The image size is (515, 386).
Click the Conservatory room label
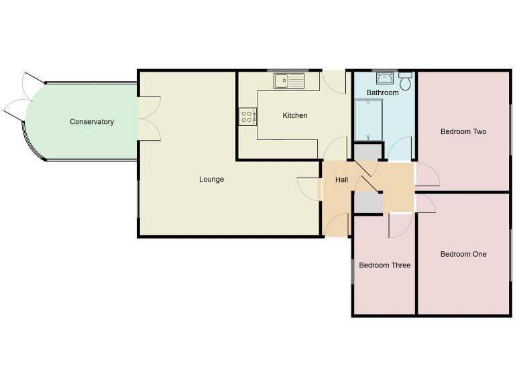92,122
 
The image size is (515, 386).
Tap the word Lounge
211,180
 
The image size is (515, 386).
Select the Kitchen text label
294,116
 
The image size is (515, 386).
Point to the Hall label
341,180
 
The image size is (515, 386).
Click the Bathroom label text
382,92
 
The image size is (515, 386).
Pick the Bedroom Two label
463,132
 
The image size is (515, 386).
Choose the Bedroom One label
463,254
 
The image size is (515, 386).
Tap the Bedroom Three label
384,265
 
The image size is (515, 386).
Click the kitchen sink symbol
288,81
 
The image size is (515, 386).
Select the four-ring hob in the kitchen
247,117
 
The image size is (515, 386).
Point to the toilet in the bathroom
405,82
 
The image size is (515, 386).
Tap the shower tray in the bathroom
367,121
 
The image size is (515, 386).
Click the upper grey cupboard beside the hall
365,153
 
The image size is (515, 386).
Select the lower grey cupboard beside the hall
366,202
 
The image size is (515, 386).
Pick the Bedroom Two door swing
427,175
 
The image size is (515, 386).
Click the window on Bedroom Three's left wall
353,271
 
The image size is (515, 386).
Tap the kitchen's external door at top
334,80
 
